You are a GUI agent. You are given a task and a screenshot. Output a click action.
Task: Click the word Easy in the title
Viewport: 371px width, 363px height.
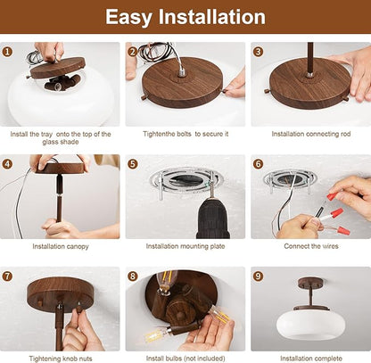(128, 17)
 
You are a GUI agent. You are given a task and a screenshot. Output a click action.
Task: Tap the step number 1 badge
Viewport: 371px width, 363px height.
(7, 52)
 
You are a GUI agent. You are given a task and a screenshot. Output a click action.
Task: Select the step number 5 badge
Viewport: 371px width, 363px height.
(133, 164)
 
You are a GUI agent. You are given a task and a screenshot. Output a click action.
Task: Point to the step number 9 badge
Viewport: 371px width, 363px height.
(258, 276)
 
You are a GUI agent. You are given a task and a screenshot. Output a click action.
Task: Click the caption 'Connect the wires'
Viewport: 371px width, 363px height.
(311, 246)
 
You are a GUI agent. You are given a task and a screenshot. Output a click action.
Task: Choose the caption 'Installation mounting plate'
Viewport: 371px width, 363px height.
(185, 246)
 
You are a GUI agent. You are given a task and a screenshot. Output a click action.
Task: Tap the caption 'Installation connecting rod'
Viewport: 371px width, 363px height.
(311, 134)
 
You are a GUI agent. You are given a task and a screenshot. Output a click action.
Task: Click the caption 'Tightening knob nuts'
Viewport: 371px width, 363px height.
(61, 359)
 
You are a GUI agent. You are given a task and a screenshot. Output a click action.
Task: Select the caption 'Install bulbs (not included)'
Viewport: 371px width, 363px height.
(185, 359)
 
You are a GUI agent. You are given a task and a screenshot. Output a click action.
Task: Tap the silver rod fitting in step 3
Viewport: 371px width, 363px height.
(309, 74)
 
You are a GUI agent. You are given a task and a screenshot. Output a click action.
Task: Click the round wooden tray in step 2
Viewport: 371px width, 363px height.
(183, 83)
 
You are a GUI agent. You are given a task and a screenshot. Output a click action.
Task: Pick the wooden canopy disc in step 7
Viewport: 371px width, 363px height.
(61, 293)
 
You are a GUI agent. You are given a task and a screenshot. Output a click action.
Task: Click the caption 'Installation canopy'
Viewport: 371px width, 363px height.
(61, 246)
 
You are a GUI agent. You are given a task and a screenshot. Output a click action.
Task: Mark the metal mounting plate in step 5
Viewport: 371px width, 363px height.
(186, 179)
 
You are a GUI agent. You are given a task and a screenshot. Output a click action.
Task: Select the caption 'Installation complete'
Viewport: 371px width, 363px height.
(311, 359)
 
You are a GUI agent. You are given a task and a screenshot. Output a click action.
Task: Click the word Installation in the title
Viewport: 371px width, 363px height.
(211, 17)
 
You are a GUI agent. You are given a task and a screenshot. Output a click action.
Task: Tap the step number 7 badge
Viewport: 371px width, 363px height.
(7, 276)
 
